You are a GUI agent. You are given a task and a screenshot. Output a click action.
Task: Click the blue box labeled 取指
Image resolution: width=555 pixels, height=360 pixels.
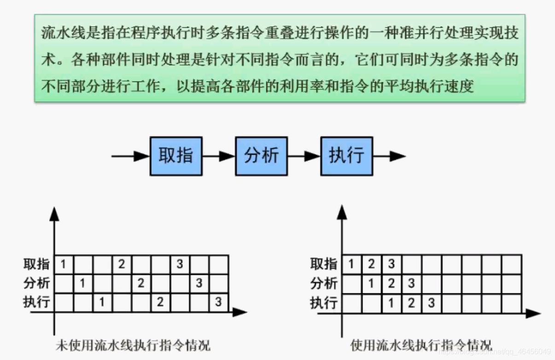coord(175,156)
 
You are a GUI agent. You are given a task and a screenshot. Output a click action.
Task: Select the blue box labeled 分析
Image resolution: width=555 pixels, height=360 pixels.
coord(261,156)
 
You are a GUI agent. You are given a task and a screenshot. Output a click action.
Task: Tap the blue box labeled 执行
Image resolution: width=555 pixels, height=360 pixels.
coord(346,156)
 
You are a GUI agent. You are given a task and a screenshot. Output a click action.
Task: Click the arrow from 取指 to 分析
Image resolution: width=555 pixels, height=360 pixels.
coord(218,156)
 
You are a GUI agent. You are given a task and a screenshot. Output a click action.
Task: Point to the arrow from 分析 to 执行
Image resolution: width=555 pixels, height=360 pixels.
coord(304,156)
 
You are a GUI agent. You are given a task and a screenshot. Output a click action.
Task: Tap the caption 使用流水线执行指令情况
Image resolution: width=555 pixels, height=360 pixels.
coord(421,345)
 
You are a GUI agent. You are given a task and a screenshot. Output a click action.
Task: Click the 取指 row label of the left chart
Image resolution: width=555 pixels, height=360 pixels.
coord(37,264)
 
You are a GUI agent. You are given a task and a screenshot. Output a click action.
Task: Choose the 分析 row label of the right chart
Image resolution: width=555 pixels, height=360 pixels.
coord(324,283)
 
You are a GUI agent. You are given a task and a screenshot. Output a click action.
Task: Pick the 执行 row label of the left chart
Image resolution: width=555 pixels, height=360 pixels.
coord(37,302)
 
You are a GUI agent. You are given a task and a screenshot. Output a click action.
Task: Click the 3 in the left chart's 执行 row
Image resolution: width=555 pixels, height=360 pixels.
coord(218,302)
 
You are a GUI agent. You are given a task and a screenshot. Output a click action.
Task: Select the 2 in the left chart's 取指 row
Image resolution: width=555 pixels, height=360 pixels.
coord(122,264)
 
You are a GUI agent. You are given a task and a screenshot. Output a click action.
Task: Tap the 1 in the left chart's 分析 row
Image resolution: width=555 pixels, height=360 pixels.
coord(82,283)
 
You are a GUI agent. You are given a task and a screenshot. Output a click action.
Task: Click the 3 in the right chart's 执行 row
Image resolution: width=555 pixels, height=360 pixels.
coord(431,303)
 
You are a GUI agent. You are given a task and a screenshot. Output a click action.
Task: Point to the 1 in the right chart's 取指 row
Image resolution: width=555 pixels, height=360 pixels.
coord(351,264)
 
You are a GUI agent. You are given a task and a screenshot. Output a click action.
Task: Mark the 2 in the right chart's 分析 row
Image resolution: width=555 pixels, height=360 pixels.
coord(391,283)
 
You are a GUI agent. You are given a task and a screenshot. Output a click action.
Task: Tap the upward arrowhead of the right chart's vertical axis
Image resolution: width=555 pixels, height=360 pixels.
coord(342,213)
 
